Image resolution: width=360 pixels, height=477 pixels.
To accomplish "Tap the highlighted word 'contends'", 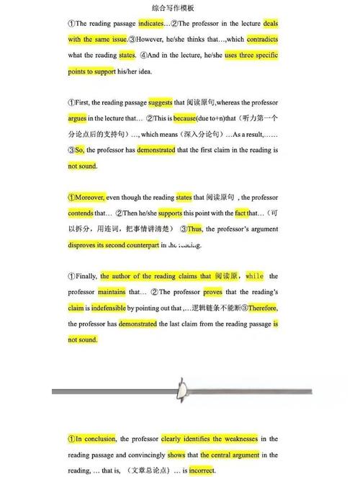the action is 81,213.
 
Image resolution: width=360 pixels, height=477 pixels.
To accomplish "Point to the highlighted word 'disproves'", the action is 86,245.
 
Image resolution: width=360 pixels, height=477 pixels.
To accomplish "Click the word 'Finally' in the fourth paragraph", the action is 86,277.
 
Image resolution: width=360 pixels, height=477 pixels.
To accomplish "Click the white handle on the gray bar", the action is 183,390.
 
